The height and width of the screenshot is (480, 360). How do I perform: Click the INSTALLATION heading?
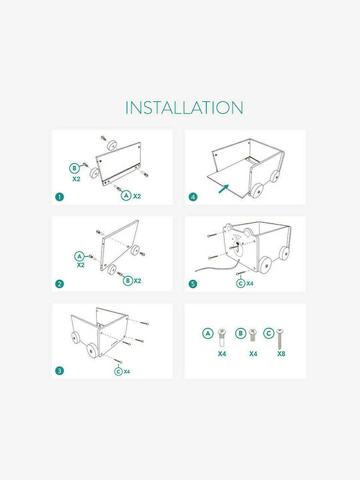[x=184, y=107]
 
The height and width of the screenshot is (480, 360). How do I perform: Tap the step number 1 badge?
[x=59, y=197]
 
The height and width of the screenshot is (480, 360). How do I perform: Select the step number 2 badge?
[x=59, y=284]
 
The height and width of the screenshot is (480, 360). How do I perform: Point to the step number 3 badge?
[x=59, y=371]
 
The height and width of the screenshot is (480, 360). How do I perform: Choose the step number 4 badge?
[x=193, y=197]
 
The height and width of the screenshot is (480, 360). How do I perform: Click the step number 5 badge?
[x=193, y=284]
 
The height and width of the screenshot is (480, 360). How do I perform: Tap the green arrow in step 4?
[x=223, y=189]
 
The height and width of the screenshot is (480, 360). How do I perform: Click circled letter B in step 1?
[x=75, y=169]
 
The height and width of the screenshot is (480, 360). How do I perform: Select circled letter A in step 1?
[x=126, y=195]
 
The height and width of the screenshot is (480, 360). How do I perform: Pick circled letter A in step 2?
[x=80, y=256]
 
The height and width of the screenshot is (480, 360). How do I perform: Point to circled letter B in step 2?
[x=128, y=281]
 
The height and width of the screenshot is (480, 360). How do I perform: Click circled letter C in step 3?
[x=119, y=371]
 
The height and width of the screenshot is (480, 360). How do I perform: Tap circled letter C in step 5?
[x=241, y=283]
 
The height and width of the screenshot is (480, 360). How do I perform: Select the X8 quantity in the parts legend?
[x=281, y=354]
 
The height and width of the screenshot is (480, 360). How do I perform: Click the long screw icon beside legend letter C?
[x=279, y=339]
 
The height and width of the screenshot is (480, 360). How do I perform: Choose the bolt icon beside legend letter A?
[x=221, y=337]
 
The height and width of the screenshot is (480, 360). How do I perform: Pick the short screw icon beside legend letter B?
[x=253, y=335]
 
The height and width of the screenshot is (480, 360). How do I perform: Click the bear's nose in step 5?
[x=237, y=244]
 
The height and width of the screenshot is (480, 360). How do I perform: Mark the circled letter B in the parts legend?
[x=241, y=333]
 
